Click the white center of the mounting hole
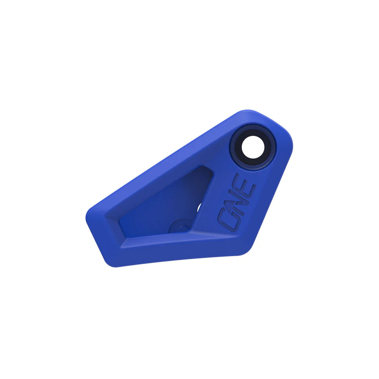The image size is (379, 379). click(x=253, y=148)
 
